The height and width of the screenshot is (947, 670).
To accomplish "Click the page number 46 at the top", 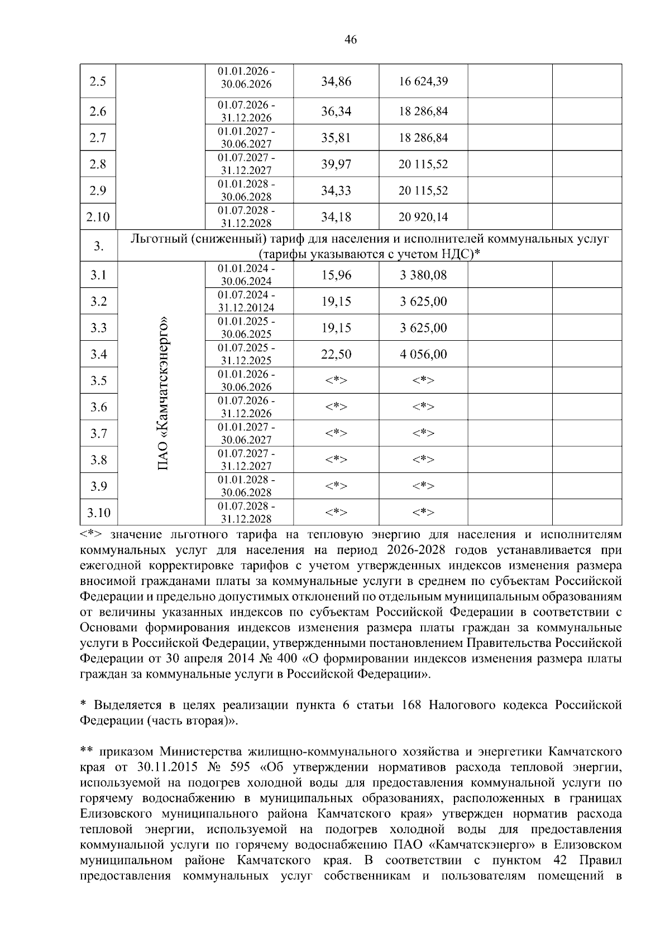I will [351, 40].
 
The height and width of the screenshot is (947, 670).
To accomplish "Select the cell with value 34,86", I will [336, 81].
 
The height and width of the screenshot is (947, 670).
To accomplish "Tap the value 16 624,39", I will [423, 81].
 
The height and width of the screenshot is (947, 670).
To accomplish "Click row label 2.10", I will [98, 217].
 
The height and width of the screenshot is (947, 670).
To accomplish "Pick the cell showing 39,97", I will [336, 165].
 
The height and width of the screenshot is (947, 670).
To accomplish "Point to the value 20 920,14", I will [423, 217].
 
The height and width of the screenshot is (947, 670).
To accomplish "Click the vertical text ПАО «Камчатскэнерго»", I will [162, 394].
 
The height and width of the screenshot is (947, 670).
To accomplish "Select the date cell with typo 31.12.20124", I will [246, 302].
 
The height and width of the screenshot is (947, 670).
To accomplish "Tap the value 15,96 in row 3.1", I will [336, 275].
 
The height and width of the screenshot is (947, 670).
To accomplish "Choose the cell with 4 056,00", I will [423, 354].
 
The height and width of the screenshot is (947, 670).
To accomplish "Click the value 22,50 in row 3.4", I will [336, 354].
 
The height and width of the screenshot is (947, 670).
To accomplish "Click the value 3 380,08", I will [423, 275].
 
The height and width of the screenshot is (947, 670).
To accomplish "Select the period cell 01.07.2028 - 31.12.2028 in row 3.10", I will [246, 513].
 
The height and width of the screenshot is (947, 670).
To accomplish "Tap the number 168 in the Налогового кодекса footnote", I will [412, 705].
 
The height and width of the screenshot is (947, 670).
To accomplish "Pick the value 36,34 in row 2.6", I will [336, 112].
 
